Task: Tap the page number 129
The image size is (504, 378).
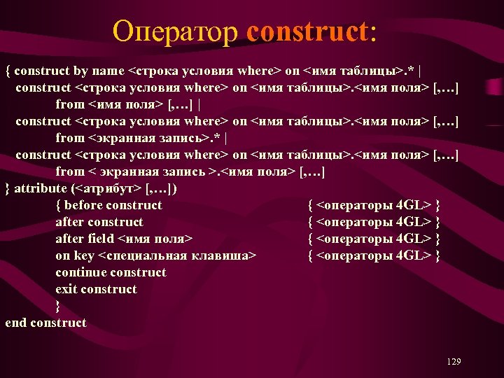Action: point(454,361)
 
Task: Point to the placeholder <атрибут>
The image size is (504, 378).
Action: point(108,188)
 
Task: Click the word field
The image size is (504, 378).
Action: point(101,239)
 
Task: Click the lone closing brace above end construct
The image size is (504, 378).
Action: point(58,306)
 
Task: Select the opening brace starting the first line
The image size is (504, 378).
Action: point(8,71)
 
